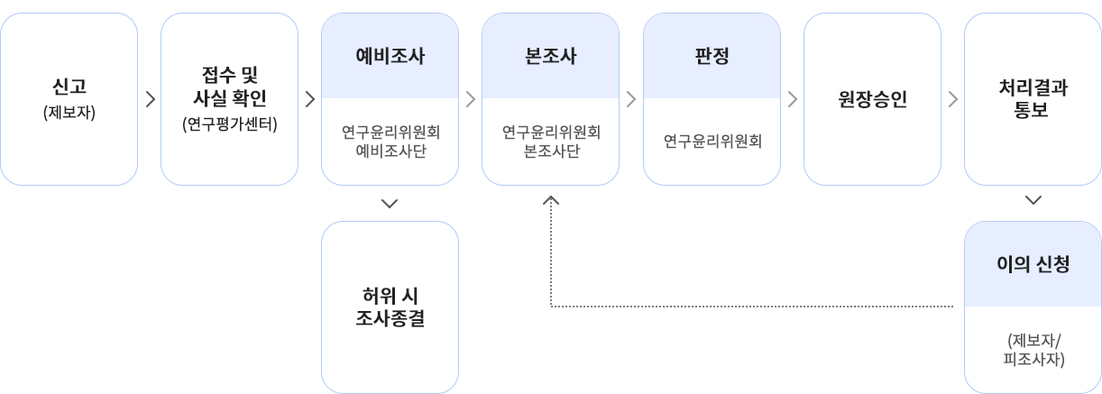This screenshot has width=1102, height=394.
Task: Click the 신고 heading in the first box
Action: [69, 87]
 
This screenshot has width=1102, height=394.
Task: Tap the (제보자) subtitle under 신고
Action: [69, 114]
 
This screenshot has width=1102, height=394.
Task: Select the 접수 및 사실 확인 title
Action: [230, 87]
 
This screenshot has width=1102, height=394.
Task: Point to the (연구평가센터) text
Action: [230, 124]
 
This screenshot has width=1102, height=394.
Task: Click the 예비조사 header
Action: [390, 56]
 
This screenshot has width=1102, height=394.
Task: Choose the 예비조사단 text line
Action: [390, 150]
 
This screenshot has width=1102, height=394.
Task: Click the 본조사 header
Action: [550, 56]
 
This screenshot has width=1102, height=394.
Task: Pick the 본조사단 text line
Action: [550, 150]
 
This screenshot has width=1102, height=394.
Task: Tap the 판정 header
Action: [712, 56]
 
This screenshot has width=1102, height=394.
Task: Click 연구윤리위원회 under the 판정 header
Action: [712, 142]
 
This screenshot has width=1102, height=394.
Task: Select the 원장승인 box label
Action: [872, 99]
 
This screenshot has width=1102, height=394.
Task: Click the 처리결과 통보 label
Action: [1033, 99]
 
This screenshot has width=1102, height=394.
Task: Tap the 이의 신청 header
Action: [1033, 264]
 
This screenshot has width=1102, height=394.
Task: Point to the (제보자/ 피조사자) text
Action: [1033, 350]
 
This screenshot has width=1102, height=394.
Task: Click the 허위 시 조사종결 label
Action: [390, 307]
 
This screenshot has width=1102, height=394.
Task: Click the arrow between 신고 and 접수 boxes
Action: [150, 99]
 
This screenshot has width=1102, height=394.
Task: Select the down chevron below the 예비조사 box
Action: [390, 204]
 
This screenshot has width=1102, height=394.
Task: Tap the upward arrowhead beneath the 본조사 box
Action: [551, 202]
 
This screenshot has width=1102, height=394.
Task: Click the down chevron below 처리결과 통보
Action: [1033, 200]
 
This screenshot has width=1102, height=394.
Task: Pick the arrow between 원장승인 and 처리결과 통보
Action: [953, 99]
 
